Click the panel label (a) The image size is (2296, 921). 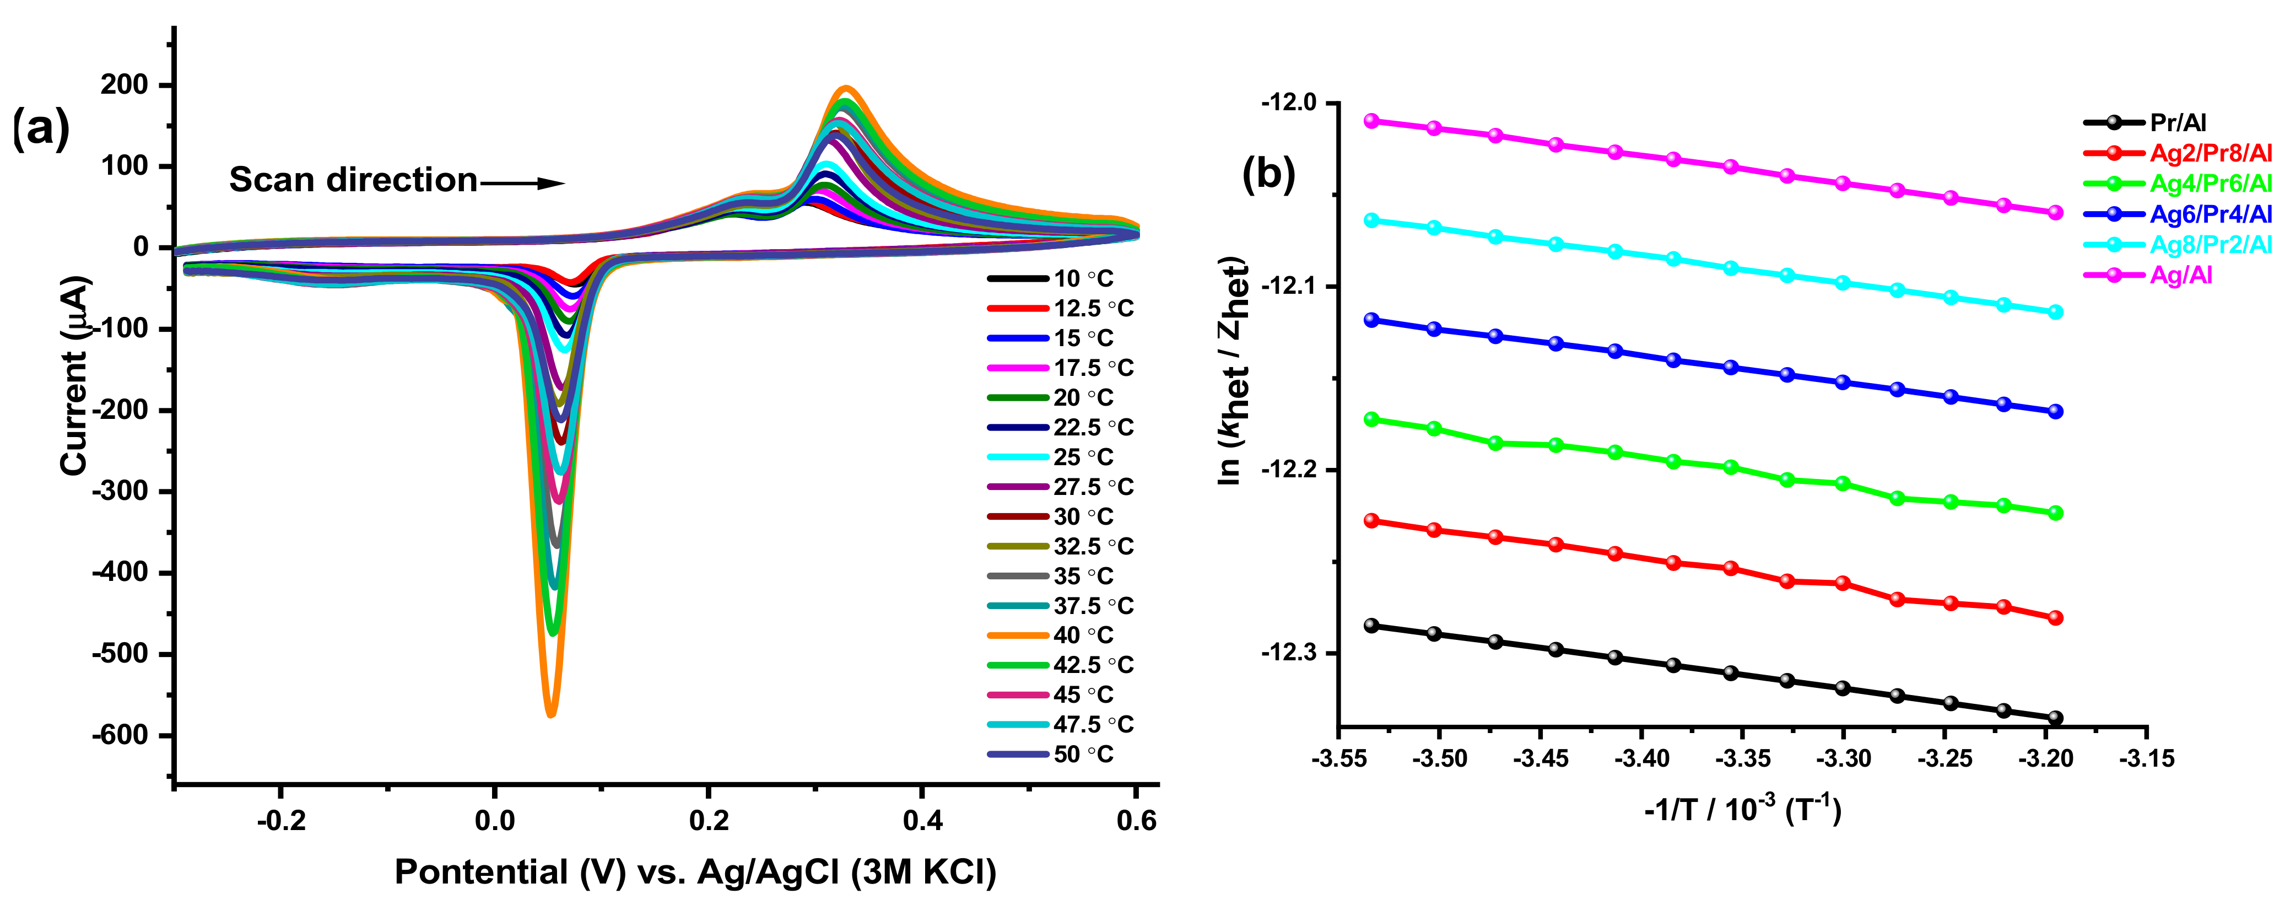click(40, 130)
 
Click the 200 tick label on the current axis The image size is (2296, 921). click(125, 85)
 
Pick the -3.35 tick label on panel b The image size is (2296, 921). click(1742, 759)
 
